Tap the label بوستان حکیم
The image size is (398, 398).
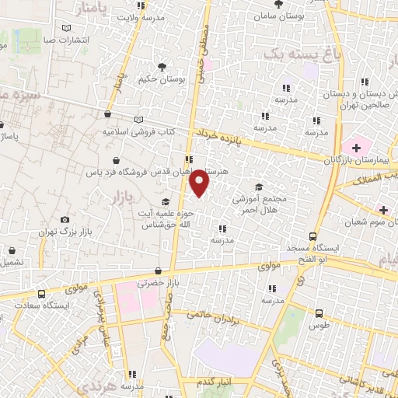pyautogui.click(x=162, y=79)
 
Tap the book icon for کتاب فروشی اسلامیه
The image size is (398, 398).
pyautogui.click(x=139, y=120)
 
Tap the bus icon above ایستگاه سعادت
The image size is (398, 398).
pyautogui.click(x=40, y=295)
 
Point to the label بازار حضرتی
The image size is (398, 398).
pyautogui.click(x=159, y=284)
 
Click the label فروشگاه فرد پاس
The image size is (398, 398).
pyautogui.click(x=140, y=171)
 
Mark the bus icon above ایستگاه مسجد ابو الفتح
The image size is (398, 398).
pyautogui.click(x=312, y=236)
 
